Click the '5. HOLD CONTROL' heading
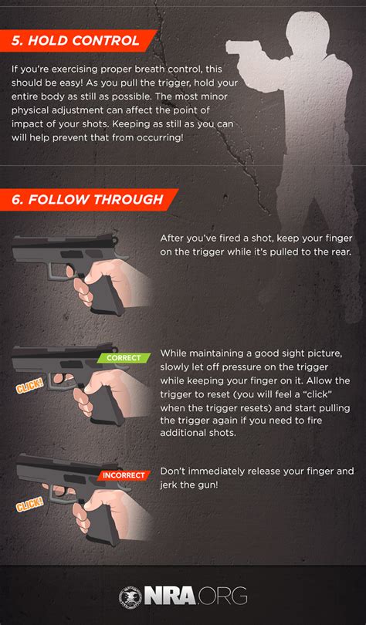point(76,39)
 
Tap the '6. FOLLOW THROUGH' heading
point(87,200)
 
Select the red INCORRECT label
point(123,475)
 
